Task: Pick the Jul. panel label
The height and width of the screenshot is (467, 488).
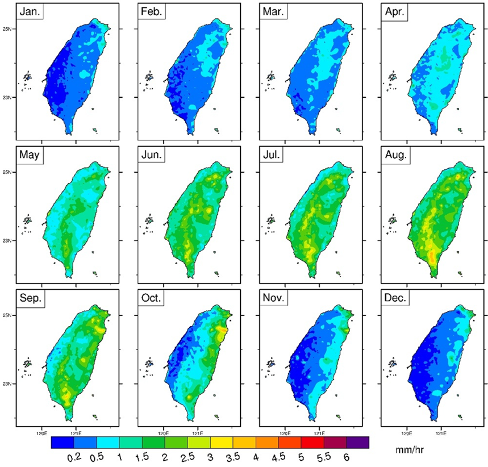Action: click(270, 155)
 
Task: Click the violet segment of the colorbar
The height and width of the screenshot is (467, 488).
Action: click(357, 442)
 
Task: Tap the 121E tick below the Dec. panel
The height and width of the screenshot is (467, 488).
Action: click(440, 430)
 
